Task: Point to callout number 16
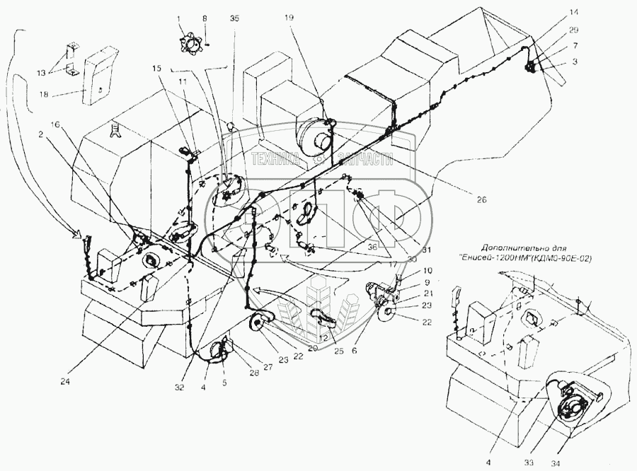click(57, 124)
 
